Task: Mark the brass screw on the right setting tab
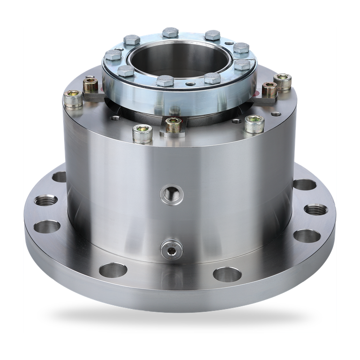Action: click(268, 88)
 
